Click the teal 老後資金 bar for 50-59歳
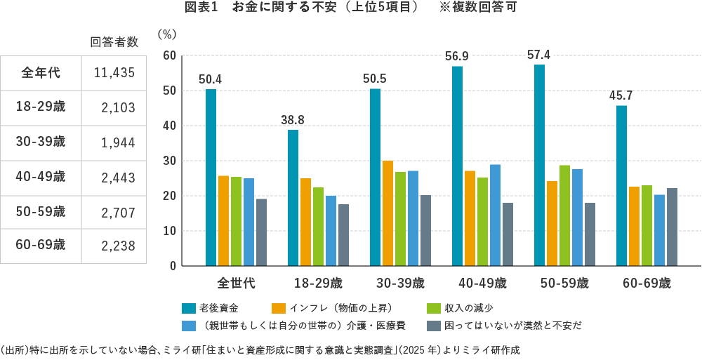[x=539, y=165]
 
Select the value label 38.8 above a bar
[x=292, y=120]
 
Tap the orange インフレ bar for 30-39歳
[x=388, y=213]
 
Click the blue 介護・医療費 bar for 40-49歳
[x=495, y=215]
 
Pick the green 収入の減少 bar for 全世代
[x=236, y=221]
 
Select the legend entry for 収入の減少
[x=456, y=308]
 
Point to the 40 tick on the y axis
[x=168, y=126]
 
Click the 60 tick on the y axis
[x=168, y=55]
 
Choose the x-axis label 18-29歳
[x=318, y=284]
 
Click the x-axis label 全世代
[x=236, y=284]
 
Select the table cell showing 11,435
[x=114, y=72]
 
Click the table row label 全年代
[x=41, y=72]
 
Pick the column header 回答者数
[x=114, y=42]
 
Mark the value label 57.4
[x=538, y=54]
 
